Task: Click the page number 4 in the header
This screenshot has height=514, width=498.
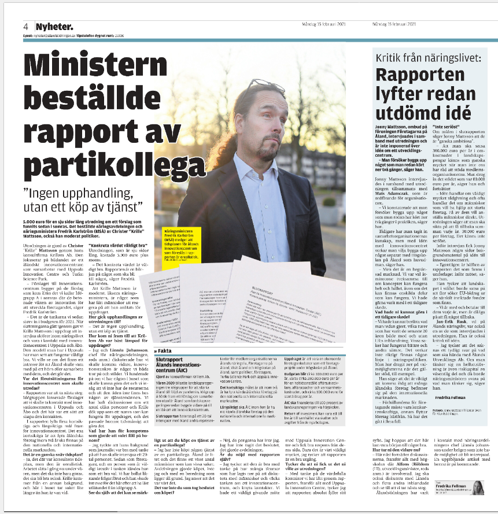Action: [x=26, y=27]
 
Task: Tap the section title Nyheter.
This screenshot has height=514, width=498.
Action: [x=54, y=27]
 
